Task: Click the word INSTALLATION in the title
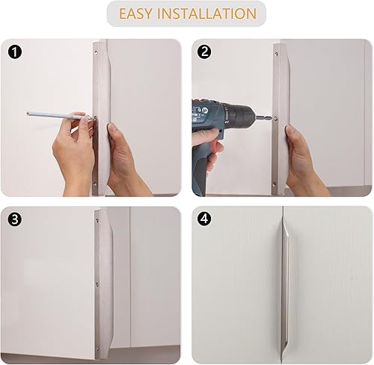point(209,14)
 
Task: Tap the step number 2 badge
point(203,53)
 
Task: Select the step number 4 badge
point(203,219)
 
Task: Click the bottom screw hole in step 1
point(96,181)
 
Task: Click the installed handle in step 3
point(105,284)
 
